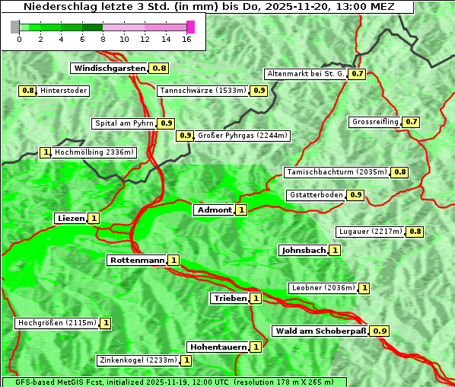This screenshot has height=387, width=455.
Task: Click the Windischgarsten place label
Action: pyautogui.click(x=110, y=69)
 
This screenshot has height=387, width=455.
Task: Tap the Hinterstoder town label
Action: pyautogui.click(x=64, y=91)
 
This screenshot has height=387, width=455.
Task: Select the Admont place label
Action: pyautogui.click(x=214, y=210)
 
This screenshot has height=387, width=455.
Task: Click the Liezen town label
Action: pyautogui.click(x=71, y=219)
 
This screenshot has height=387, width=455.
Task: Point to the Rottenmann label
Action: pyautogui.click(x=137, y=261)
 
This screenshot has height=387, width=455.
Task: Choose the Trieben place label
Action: pyautogui.click(x=230, y=299)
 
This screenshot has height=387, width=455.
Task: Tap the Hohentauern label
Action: pyautogui.click(x=218, y=347)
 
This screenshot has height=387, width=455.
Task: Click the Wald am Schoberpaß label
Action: pyautogui.click(x=320, y=331)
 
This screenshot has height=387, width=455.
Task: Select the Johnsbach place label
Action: pyautogui.click(x=304, y=251)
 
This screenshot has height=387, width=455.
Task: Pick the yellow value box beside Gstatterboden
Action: pyautogui.click(x=355, y=195)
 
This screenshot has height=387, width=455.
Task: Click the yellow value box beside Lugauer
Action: pyautogui.click(x=415, y=232)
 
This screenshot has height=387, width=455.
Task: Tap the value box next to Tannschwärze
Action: pyautogui.click(x=259, y=91)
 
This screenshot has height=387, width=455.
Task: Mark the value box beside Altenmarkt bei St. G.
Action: pyautogui.click(x=357, y=75)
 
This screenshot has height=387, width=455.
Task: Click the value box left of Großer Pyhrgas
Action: pyautogui.click(x=185, y=136)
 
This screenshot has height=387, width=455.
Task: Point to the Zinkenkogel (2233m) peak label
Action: pyautogui.click(x=138, y=360)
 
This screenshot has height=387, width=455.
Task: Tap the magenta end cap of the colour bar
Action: pyautogui.click(x=190, y=27)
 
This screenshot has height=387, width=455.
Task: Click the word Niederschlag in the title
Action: pyautogui.click(x=58, y=7)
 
